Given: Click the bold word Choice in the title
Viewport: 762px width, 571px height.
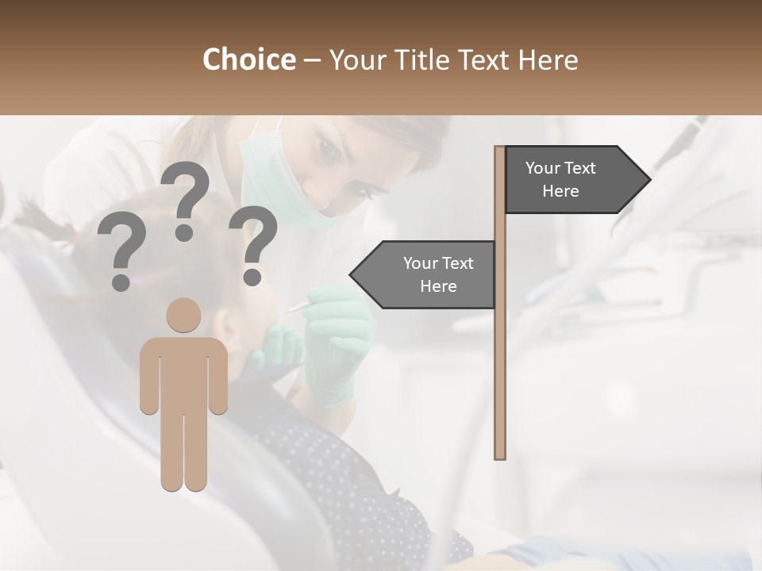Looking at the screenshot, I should pyautogui.click(x=248, y=59).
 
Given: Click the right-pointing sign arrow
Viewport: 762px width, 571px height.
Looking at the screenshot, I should pyautogui.click(x=575, y=180).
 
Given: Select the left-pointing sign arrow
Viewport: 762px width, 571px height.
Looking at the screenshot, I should pyautogui.click(x=424, y=274).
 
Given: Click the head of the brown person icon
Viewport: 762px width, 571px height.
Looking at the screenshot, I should pyautogui.click(x=184, y=315).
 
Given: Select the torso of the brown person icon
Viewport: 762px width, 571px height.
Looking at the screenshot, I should pyautogui.click(x=184, y=373).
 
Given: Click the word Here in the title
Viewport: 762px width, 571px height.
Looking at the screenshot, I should pyautogui.click(x=548, y=59).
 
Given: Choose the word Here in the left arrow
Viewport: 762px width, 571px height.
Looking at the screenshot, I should pyautogui.click(x=438, y=286).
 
